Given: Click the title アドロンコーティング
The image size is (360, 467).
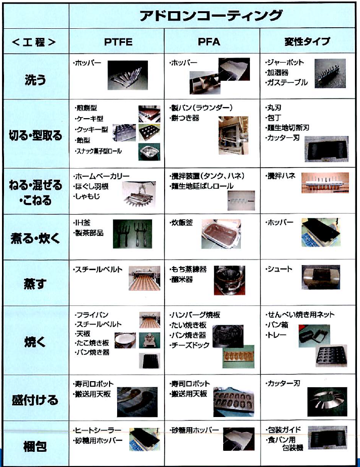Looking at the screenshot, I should click(211, 15).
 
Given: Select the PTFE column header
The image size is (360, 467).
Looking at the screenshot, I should click(118, 41).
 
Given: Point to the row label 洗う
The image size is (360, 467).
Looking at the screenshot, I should click(35, 79).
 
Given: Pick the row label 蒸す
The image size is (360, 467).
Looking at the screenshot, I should click(35, 284).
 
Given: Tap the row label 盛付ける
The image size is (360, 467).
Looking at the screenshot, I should click(35, 400).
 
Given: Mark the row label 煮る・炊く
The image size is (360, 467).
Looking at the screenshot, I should click(35, 237).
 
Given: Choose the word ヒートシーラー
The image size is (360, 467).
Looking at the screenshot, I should click(98, 430).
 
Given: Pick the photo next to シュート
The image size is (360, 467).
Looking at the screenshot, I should click(322, 279).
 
